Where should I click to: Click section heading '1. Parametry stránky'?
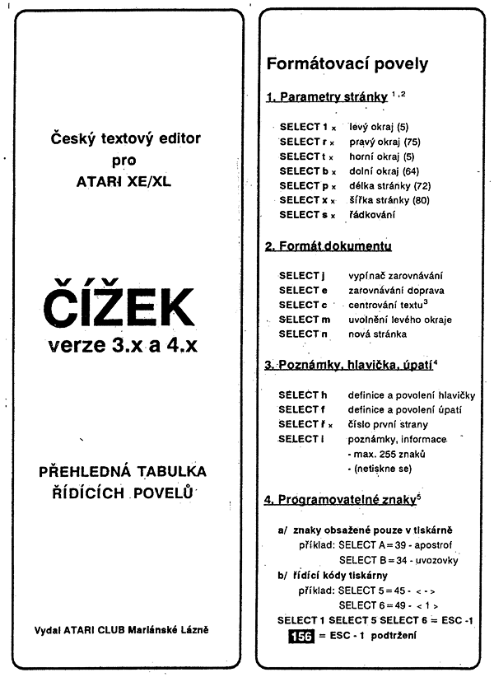(x=326, y=97)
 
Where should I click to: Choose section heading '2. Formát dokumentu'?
(x=328, y=246)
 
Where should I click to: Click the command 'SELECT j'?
(x=302, y=276)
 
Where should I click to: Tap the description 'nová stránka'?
(x=377, y=334)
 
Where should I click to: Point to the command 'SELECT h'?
(x=302, y=395)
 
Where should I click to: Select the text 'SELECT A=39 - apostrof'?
(x=394, y=545)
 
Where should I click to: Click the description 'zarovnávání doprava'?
(x=396, y=291)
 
